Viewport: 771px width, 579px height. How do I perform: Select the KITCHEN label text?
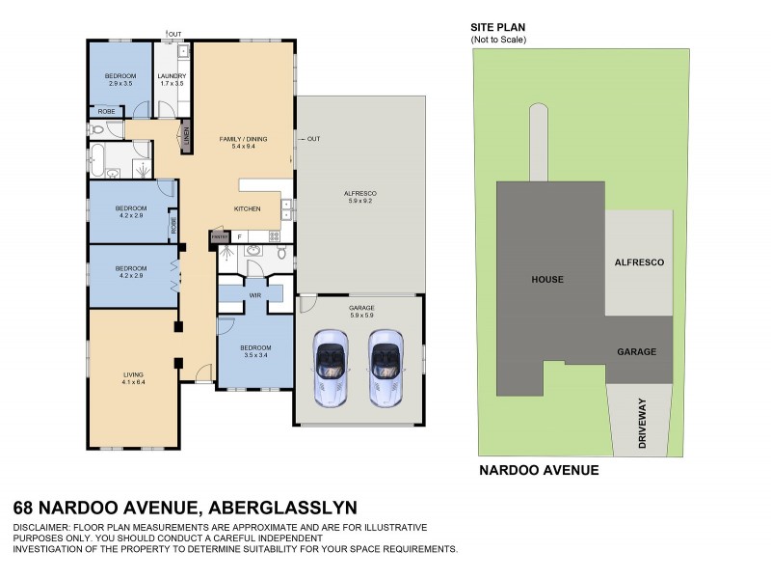pyautogui.click(x=248, y=208)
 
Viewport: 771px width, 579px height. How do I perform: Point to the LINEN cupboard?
pyautogui.click(x=186, y=140)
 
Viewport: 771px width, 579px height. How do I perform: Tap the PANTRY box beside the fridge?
pyautogui.click(x=219, y=235)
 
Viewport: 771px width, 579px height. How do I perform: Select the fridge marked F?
pyautogui.click(x=239, y=235)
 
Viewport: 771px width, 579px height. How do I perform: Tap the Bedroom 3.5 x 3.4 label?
pyautogui.click(x=255, y=350)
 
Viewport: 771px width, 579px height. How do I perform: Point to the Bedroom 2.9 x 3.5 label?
pyautogui.click(x=120, y=79)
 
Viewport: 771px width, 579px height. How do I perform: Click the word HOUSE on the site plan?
pyautogui.click(x=546, y=279)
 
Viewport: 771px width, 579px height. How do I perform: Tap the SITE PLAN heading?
pyautogui.click(x=497, y=28)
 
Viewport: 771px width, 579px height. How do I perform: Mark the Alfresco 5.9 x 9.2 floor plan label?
pyautogui.click(x=359, y=197)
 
